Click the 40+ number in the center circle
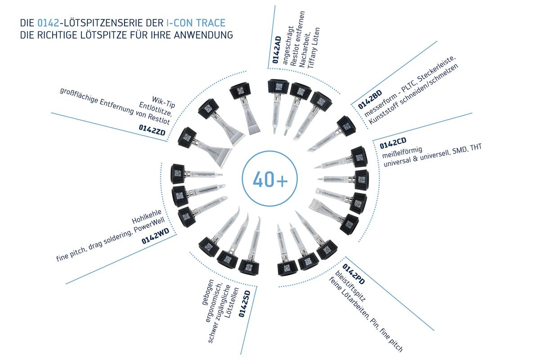270,179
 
